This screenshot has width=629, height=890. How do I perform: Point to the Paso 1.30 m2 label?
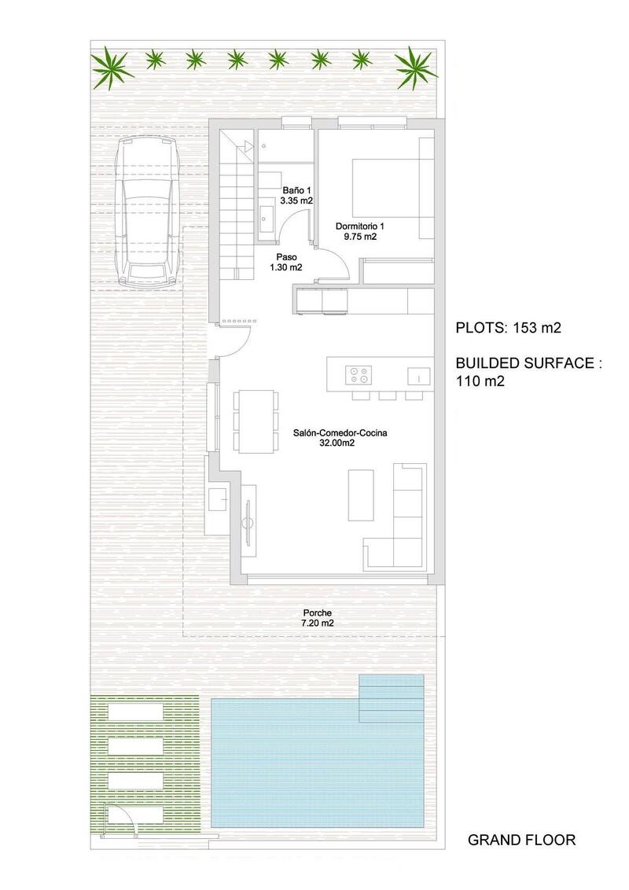tap(289, 263)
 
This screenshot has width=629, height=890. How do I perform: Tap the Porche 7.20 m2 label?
tap(317, 618)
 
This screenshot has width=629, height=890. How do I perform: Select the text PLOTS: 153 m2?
tap(509, 329)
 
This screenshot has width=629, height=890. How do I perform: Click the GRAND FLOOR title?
tap(521, 840)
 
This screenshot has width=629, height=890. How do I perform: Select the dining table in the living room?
tap(256, 420)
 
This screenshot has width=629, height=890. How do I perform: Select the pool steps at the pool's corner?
tap(391, 698)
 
